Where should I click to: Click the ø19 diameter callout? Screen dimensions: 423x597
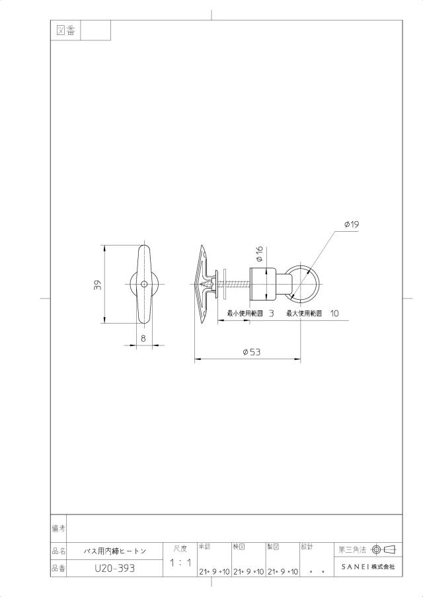point(352,225)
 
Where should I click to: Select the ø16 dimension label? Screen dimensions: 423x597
point(260,254)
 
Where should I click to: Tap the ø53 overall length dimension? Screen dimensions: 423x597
point(252,352)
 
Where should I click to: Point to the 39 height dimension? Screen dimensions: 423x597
point(98,285)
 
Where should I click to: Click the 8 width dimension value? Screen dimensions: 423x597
point(143,338)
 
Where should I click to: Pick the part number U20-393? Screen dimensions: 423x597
point(115,569)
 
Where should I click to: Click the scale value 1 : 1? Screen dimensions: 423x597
point(180,563)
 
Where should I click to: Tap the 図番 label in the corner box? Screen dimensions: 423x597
point(65,30)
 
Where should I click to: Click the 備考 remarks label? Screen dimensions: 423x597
point(58,528)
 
